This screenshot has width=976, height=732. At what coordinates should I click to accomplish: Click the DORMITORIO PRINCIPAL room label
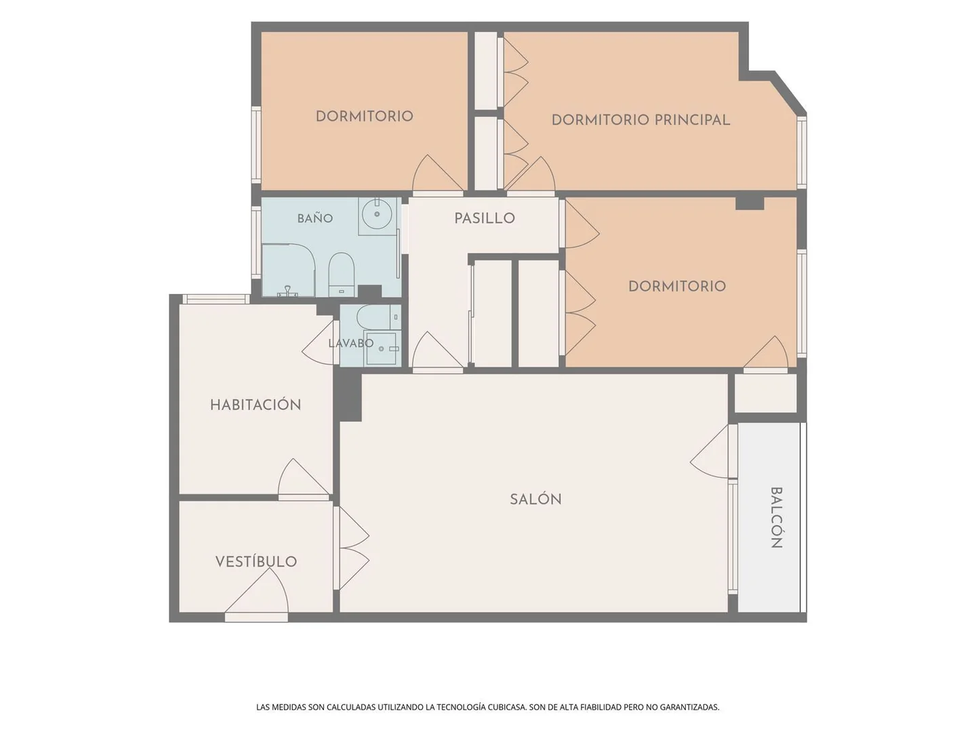640,120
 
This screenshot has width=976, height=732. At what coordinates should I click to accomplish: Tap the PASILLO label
484,218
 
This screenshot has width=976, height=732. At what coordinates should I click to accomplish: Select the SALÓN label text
535,499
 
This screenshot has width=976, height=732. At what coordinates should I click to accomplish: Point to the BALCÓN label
776,517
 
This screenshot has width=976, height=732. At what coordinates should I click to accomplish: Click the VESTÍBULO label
256,561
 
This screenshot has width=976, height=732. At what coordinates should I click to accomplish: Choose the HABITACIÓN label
256,405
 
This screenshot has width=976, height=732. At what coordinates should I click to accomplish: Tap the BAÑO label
314,218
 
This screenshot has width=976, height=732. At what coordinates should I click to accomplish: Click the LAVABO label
351,343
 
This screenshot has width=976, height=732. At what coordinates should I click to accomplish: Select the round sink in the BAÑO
377,213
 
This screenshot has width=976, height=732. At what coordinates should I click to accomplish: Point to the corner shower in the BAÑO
289,269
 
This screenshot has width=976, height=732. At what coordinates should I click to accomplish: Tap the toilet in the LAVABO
378,317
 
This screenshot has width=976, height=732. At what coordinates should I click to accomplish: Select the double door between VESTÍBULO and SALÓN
351,548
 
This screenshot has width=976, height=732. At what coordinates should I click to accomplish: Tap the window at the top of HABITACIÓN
216,299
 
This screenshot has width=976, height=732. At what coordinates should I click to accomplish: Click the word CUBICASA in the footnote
506,707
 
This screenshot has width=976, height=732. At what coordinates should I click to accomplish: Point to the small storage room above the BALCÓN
765,393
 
